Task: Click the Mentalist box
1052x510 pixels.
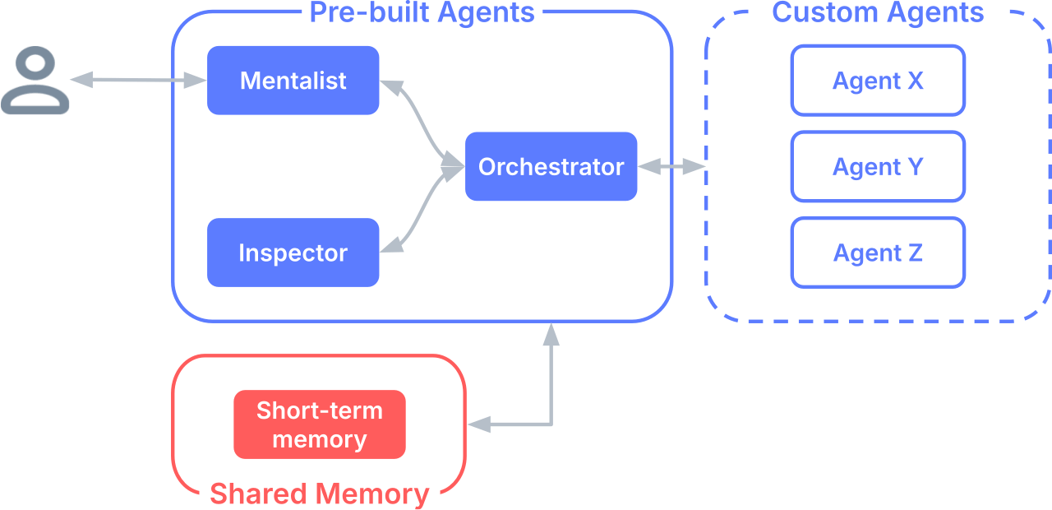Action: tap(293, 81)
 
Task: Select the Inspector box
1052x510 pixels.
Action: tap(293, 253)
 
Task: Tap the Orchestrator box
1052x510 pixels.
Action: tap(551, 166)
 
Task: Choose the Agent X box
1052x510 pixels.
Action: tap(878, 81)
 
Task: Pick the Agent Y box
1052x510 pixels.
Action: tap(878, 166)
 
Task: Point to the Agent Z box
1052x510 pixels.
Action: tap(878, 253)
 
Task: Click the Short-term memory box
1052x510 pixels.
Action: tap(320, 424)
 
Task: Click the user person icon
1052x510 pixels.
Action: tap(35, 80)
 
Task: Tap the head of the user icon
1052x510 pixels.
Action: tap(35, 65)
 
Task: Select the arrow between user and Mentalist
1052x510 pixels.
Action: tap(138, 80)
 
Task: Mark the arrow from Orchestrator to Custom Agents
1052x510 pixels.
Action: tap(671, 166)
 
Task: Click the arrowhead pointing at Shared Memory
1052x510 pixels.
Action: tap(479, 424)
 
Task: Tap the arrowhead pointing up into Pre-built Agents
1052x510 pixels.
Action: tap(551, 335)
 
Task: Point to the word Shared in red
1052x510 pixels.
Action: tap(258, 494)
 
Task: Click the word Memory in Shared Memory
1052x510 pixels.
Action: tap(372, 494)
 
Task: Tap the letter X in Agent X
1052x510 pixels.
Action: tap(916, 81)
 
